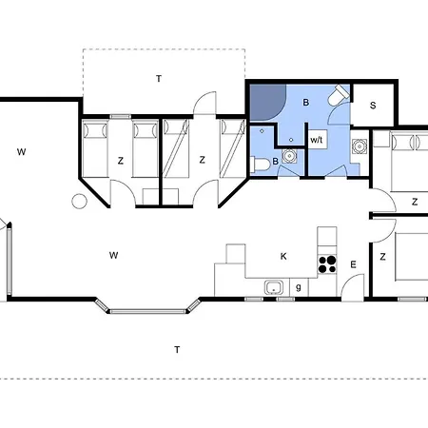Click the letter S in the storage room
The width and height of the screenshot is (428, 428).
point(373,106)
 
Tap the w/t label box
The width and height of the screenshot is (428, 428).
point(318,139)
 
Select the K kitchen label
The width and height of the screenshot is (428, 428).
point(283,256)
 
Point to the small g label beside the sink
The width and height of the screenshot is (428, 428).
point(299,287)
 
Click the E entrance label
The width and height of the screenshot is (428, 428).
point(353,264)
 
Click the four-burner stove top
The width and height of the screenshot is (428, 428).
point(327,264)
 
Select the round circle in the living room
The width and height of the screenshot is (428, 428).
point(79,201)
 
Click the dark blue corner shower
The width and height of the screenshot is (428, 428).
point(266,101)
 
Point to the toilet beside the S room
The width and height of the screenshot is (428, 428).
point(339,94)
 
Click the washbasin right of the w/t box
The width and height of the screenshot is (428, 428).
point(360,146)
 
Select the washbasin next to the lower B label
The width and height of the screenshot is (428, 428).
point(289,156)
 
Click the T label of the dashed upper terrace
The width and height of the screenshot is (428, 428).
point(159,79)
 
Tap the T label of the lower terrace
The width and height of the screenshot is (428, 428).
point(177,350)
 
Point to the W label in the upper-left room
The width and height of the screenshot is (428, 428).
point(21,152)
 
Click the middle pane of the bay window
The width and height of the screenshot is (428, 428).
point(147,311)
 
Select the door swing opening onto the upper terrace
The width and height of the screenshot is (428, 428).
point(204,103)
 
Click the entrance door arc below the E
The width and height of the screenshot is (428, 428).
point(352,286)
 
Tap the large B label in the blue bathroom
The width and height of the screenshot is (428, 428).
point(305,103)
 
